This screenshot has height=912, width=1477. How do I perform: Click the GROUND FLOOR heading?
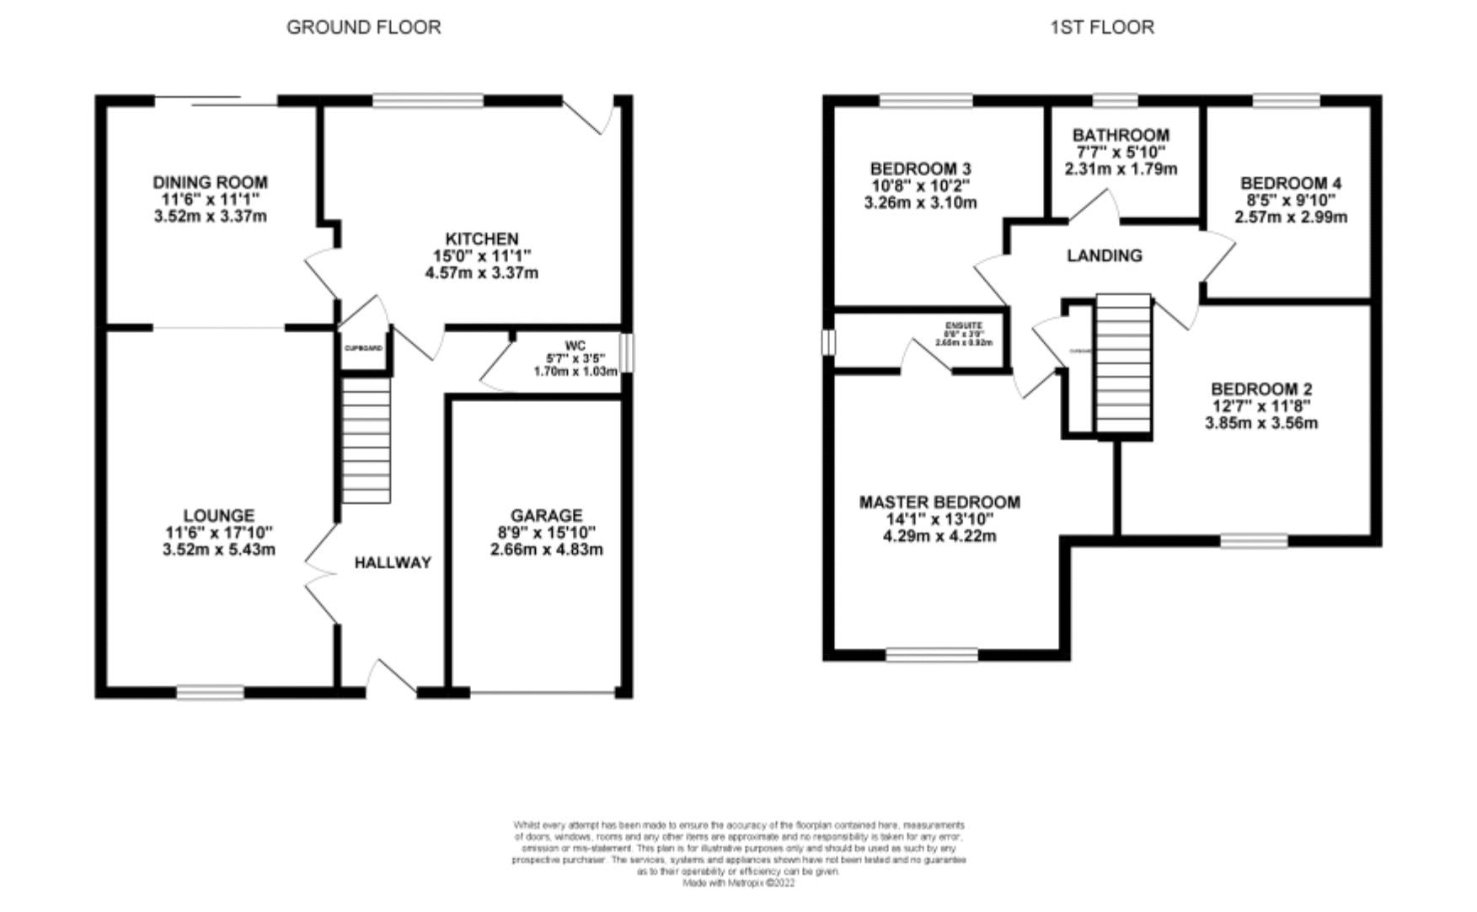(x=363, y=27)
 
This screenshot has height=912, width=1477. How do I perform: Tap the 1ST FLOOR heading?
(x=1101, y=27)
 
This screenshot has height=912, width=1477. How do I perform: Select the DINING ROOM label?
(x=210, y=182)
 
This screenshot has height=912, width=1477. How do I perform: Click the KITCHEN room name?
(x=482, y=239)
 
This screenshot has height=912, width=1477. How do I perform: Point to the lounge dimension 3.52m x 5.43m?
(x=219, y=550)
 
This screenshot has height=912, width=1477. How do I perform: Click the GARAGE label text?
(x=546, y=515)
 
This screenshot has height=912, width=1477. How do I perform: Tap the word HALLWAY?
(x=392, y=562)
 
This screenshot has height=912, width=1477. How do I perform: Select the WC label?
(x=575, y=346)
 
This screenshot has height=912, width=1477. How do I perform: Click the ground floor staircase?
(x=366, y=440)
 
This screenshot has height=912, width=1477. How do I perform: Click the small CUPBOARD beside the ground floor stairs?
(x=364, y=348)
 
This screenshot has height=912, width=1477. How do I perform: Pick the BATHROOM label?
(x=1121, y=135)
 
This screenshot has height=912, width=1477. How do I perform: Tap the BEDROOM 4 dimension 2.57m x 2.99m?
(x=1291, y=217)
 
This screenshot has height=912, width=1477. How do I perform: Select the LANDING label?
(x=1105, y=255)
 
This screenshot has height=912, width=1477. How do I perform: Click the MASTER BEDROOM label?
(x=939, y=502)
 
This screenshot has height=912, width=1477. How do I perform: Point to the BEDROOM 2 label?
(x=1261, y=389)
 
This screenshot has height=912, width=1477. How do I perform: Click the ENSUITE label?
(x=963, y=325)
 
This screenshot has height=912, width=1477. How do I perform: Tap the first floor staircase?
(x=1123, y=364)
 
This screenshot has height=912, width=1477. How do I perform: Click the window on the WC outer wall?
(x=626, y=352)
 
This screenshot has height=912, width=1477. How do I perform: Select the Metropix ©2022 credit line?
(x=738, y=883)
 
